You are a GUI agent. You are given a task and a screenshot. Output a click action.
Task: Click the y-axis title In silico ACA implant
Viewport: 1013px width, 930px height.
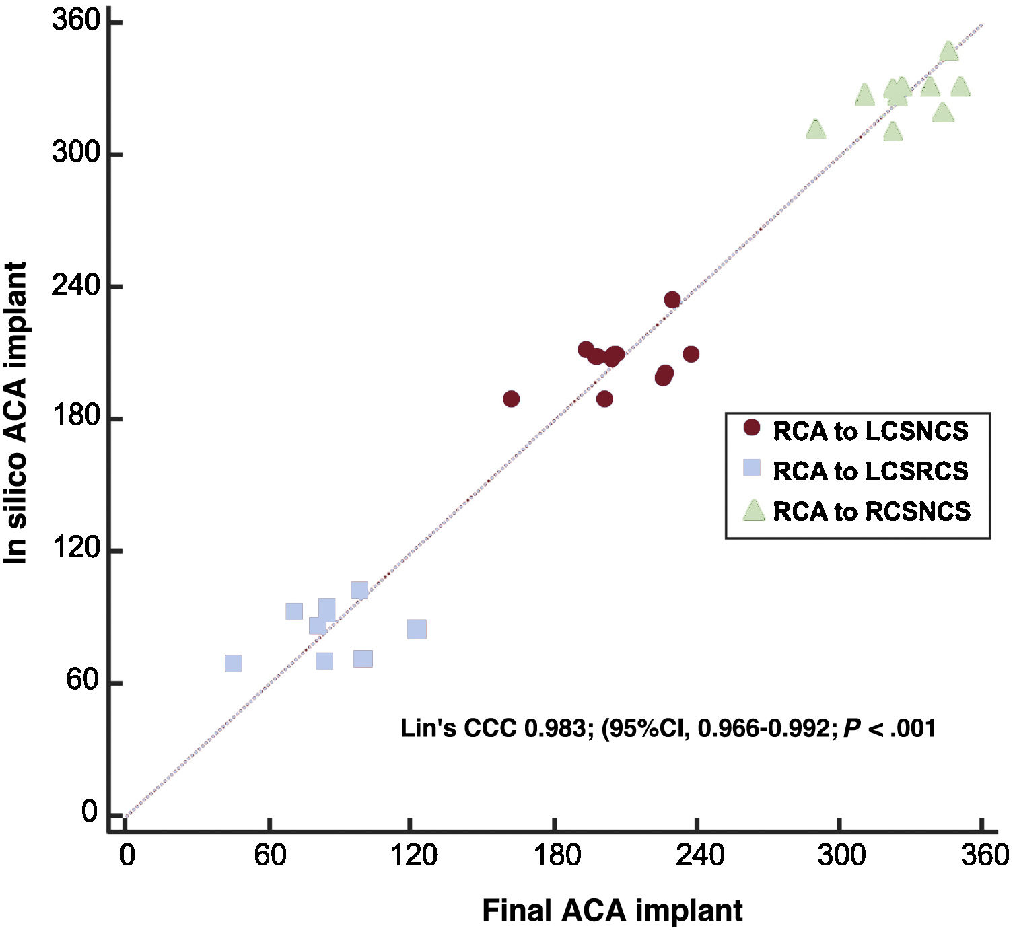point(16,412)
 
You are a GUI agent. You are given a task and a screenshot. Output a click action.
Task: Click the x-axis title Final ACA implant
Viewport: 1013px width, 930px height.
point(612,910)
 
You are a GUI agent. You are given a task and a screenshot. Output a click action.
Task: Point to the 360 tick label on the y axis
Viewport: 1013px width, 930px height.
point(75,22)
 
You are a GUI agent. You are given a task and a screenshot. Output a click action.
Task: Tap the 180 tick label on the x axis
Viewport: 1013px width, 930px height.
point(557,855)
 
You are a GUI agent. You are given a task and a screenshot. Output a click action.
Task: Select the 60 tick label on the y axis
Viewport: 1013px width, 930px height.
point(82,680)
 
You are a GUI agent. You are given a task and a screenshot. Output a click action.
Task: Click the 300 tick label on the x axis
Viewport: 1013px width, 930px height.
point(841,855)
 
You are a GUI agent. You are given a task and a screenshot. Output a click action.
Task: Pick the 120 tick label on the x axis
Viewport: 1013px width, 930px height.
point(413,855)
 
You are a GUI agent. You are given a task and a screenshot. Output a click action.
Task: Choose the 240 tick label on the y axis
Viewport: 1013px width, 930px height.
point(75,285)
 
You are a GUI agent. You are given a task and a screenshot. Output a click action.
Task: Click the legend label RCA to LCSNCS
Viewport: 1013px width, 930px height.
point(870,431)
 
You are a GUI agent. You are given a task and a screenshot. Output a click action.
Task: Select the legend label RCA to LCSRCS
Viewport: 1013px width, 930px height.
point(870,471)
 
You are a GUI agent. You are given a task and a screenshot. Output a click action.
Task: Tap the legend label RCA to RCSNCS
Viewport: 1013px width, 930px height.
point(872,511)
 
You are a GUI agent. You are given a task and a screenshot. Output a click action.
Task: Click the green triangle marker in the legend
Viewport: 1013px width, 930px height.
point(753,511)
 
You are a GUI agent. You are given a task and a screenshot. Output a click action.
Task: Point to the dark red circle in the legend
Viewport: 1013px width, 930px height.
point(751,427)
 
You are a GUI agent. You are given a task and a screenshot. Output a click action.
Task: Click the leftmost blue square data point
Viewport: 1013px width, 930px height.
point(233,664)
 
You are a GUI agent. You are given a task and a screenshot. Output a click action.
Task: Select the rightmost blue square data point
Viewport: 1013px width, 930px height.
point(417,629)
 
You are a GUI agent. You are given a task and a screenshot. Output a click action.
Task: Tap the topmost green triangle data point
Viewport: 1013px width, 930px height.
point(948,51)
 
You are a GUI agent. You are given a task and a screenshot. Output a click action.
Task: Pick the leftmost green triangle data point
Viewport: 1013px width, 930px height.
point(816,129)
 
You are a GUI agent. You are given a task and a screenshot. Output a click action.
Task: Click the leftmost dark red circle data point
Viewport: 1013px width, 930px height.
point(512,399)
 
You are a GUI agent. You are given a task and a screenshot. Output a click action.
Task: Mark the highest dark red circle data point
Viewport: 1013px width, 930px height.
point(672,299)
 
